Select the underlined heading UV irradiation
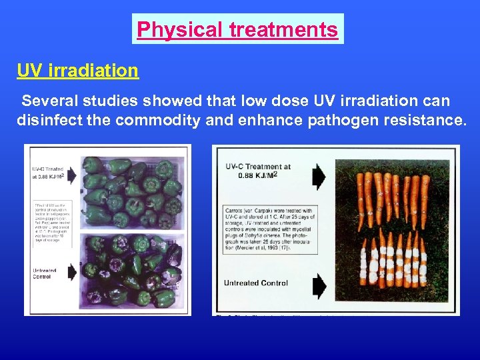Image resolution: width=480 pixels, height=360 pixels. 78,70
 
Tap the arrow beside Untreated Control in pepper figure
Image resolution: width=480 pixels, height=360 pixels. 71,271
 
